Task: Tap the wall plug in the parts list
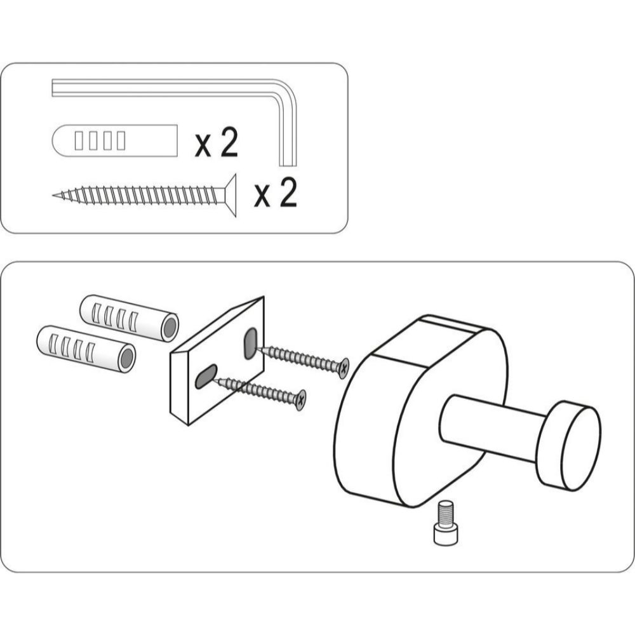(115, 140)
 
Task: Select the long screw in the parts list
(145, 196)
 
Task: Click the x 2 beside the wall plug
(217, 142)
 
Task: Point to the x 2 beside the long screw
(276, 193)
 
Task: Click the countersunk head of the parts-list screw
(231, 196)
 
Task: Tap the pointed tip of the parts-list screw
(54, 196)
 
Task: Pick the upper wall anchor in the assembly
(130, 318)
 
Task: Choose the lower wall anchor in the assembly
(86, 349)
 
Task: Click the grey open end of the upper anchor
(170, 328)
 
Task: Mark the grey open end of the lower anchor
(127, 359)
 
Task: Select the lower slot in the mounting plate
(206, 376)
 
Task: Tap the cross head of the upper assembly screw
(344, 368)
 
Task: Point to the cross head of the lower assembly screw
(300, 400)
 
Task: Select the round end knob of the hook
(569, 446)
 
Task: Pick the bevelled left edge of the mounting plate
(179, 389)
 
